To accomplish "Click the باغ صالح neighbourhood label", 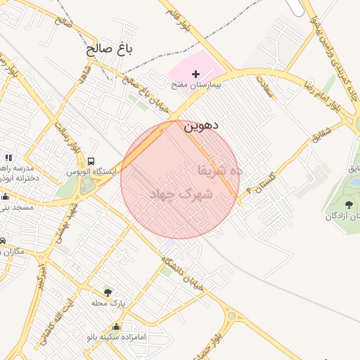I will click(109, 49).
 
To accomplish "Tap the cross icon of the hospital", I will click(195, 73).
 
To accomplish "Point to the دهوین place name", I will click(201, 127).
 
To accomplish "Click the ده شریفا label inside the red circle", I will click(219, 170).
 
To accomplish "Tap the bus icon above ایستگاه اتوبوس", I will click(92, 161).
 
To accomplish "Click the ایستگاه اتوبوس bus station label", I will click(93, 172).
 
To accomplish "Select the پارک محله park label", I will click(108, 303).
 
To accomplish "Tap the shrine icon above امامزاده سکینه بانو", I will click(116, 327).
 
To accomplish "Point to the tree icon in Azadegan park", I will click(348, 205).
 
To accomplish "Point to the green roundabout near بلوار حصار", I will click(232, 317).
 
